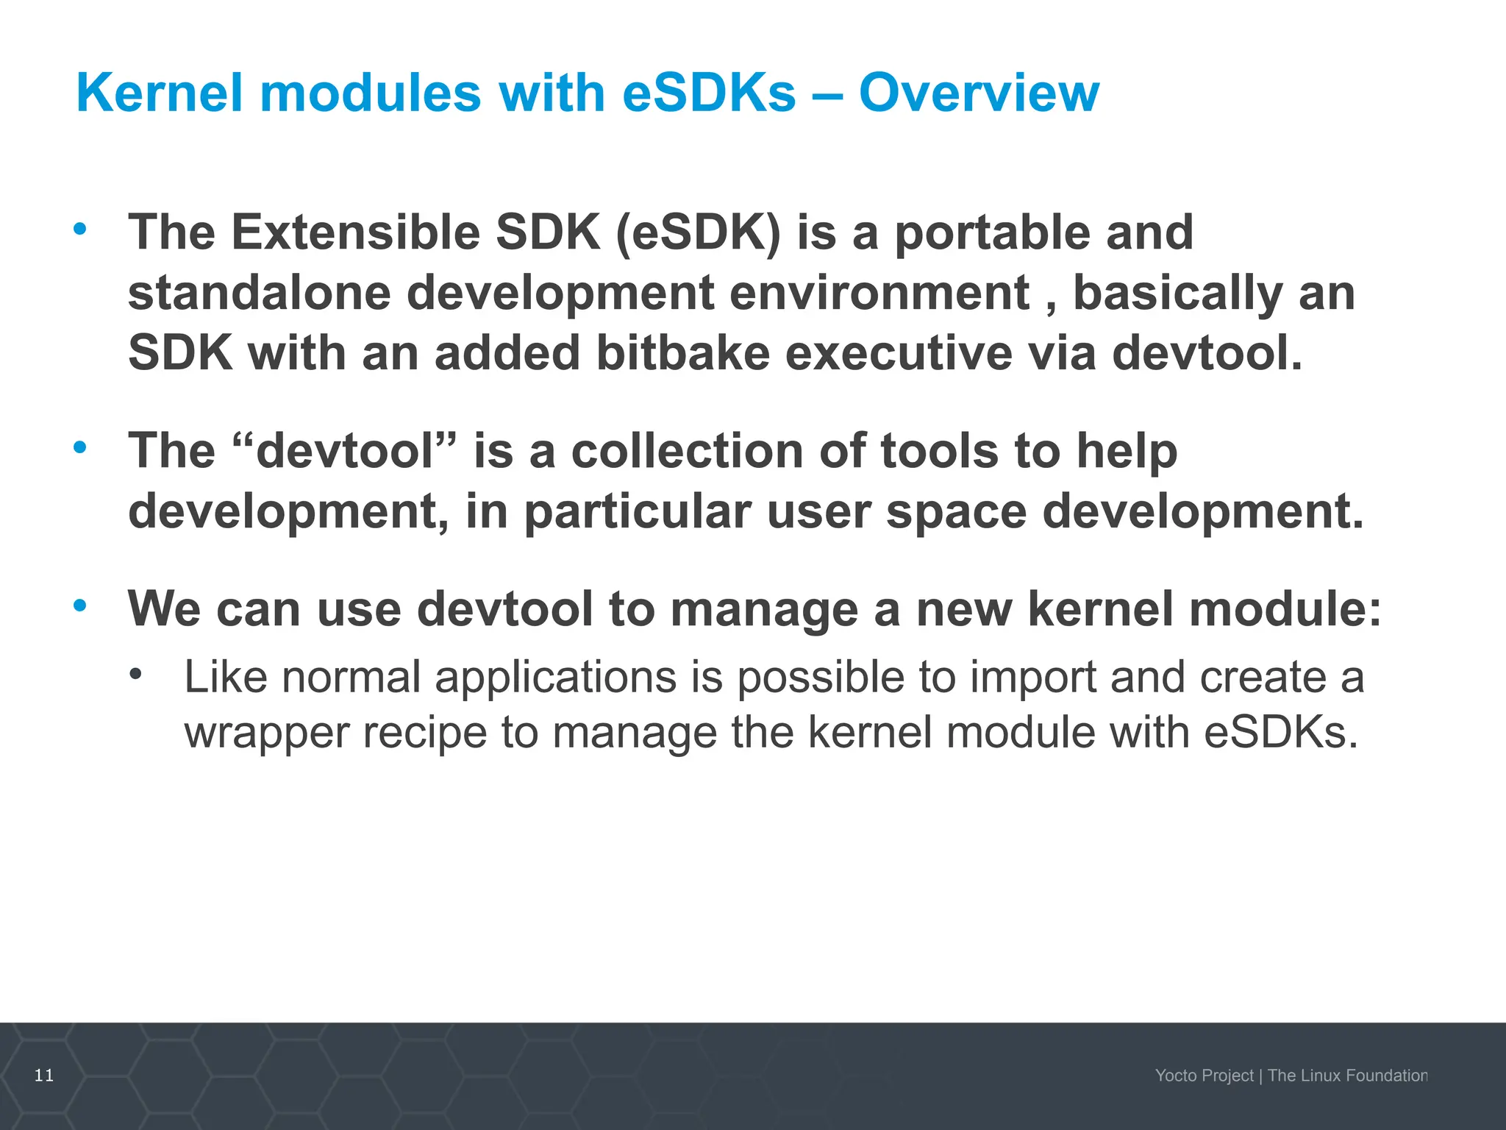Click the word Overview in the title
pyautogui.click(x=979, y=93)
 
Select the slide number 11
pyautogui.click(x=44, y=1076)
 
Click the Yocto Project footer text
pyautogui.click(x=1204, y=1076)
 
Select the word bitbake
pyautogui.click(x=682, y=353)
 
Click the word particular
pyautogui.click(x=637, y=511)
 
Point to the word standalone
pyautogui.click(x=259, y=293)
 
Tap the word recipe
pyautogui.click(x=424, y=733)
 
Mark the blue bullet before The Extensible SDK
pyautogui.click(x=80, y=229)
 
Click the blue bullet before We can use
pyautogui.click(x=80, y=605)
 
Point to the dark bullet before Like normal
pyautogui.click(x=135, y=673)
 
